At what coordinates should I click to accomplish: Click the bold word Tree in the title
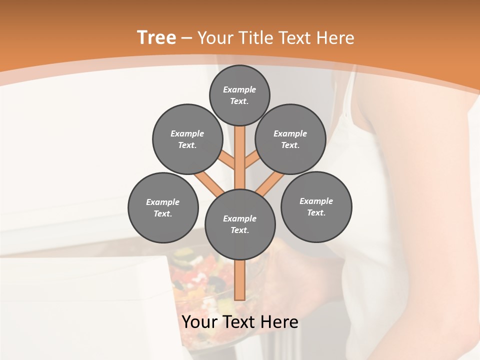[x=156, y=38]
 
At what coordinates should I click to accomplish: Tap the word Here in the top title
[x=335, y=38]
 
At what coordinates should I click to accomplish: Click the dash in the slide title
[x=187, y=38]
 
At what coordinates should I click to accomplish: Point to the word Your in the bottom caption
[x=200, y=322]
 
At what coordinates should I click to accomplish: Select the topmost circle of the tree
[x=239, y=95]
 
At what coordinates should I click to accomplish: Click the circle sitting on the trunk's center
[x=240, y=224]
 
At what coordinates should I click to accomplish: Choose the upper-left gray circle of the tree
[x=187, y=139]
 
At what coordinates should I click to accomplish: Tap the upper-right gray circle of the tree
[x=290, y=139]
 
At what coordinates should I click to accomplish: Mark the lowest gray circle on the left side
[x=163, y=208]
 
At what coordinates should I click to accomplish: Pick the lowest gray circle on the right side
[x=316, y=207]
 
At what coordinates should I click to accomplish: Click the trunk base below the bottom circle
[x=240, y=280]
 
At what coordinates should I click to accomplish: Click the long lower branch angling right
[x=270, y=183]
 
